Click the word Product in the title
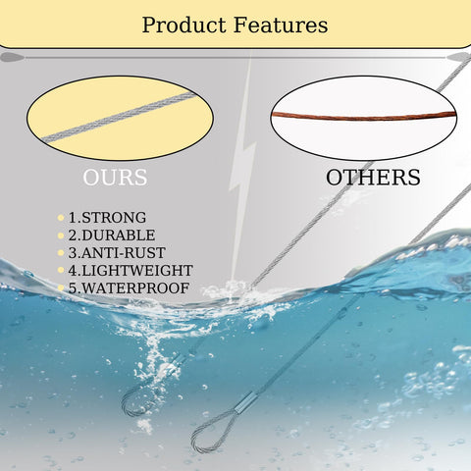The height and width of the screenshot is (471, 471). click(183, 26)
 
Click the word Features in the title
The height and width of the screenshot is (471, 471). click(281, 25)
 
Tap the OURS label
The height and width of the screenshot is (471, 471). click(115, 178)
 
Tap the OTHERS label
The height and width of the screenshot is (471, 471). click(373, 178)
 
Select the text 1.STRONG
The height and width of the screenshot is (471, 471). click(107, 218)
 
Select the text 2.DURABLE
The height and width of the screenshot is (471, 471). click(112, 235)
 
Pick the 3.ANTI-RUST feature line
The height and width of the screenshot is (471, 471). click(117, 253)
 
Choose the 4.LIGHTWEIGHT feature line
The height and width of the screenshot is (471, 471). click(131, 271)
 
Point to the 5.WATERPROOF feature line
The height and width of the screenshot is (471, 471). click(129, 288)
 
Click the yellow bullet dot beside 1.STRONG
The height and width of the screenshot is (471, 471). click(61, 218)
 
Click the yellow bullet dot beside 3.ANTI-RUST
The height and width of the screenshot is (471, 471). click(61, 253)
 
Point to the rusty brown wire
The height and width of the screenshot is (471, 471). click(364, 116)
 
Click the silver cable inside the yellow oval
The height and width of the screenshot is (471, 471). click(120, 117)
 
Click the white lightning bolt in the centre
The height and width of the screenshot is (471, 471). click(242, 167)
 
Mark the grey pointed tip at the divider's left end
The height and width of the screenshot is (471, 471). click(12, 58)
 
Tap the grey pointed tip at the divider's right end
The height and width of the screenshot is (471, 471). click(459, 58)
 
